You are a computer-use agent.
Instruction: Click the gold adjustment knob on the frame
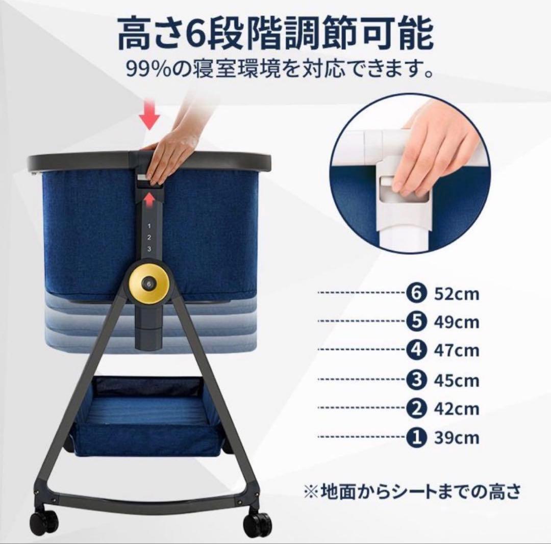(x=149, y=283)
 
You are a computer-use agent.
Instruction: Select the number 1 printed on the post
(x=149, y=226)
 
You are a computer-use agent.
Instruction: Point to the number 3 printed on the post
(x=149, y=249)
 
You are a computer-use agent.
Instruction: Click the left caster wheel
(x=43, y=519)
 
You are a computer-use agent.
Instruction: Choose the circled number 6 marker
(x=416, y=293)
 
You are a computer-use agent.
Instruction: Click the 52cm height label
(x=457, y=294)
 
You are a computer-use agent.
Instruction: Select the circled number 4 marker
(x=416, y=350)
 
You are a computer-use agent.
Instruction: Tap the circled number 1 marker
(x=416, y=437)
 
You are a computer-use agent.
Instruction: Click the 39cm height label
(x=457, y=438)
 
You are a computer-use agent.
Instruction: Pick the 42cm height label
(x=457, y=409)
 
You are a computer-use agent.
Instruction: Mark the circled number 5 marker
(x=416, y=321)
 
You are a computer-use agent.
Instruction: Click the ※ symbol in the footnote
(x=311, y=491)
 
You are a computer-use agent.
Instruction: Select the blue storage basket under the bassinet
(x=149, y=418)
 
